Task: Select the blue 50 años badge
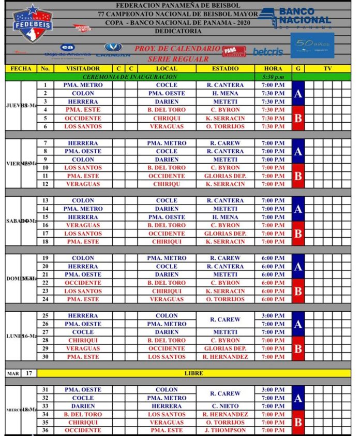[x=312, y=46]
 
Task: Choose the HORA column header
[x=273, y=68]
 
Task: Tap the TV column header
[x=327, y=68]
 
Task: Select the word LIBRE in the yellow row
[x=194, y=373]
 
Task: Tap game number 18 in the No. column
[x=45, y=241]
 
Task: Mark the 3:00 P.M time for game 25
[x=273, y=315]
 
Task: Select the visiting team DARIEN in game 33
[x=83, y=406]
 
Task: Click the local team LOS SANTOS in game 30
[x=167, y=357]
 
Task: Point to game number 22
[x=45, y=283]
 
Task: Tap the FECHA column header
[x=21, y=68]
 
